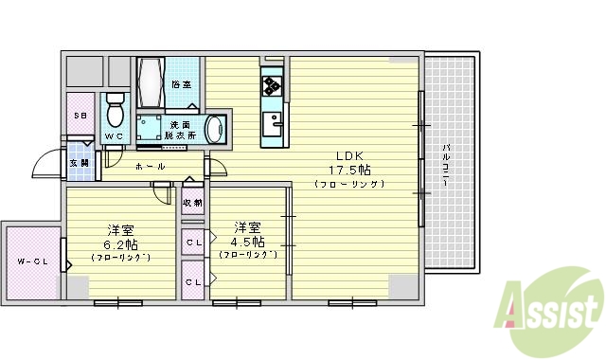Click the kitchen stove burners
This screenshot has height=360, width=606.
(x=273, y=86)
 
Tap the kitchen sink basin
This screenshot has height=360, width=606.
(x=274, y=122)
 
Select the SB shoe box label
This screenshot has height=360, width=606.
(x=80, y=116)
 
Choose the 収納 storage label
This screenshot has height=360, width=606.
(x=192, y=203)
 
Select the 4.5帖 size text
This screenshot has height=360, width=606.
(x=248, y=242)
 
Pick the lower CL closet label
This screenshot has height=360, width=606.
(x=193, y=282)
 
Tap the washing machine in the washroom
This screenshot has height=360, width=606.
(x=217, y=130)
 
